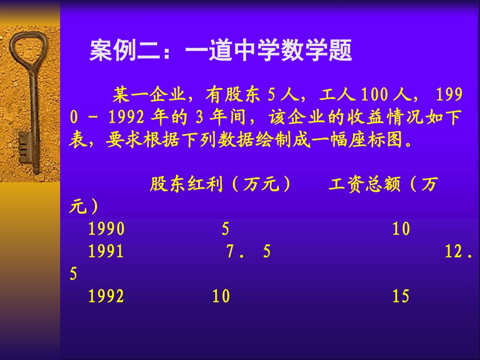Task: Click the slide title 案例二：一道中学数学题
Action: click(220, 52)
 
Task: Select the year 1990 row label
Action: click(106, 230)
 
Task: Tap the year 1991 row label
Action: click(106, 252)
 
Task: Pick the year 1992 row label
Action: click(106, 296)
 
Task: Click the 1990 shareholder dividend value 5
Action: click(225, 230)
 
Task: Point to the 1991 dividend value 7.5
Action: click(248, 252)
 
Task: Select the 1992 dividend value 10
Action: click(221, 296)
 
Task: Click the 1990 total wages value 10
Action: click(401, 230)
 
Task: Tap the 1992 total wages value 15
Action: click(401, 296)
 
